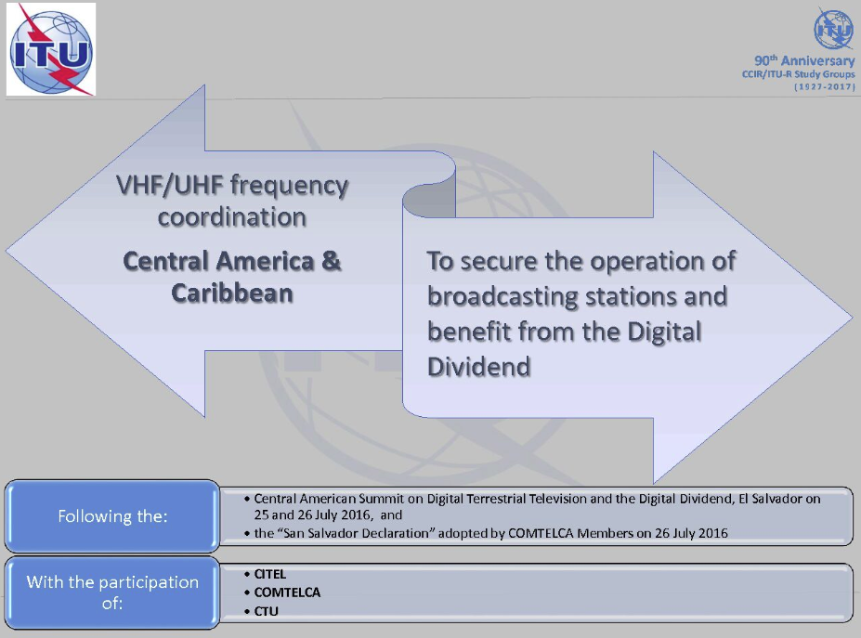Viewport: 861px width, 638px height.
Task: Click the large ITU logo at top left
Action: point(51,49)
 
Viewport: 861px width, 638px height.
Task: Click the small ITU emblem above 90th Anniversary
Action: point(832,30)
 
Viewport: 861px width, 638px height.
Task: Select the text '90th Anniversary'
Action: point(804,61)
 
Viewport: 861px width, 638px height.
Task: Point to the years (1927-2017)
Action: point(824,86)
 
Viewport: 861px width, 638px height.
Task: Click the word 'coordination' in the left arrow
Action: point(231,218)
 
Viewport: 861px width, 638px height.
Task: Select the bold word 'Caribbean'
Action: point(231,293)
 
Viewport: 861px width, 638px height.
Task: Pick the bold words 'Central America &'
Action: point(231,261)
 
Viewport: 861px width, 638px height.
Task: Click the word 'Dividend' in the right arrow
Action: point(478,367)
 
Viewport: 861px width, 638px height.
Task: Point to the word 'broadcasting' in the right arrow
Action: point(502,297)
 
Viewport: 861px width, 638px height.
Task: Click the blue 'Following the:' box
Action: point(112,516)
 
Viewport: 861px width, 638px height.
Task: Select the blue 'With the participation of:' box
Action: point(112,592)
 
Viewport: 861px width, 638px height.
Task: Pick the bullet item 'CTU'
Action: point(266,611)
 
